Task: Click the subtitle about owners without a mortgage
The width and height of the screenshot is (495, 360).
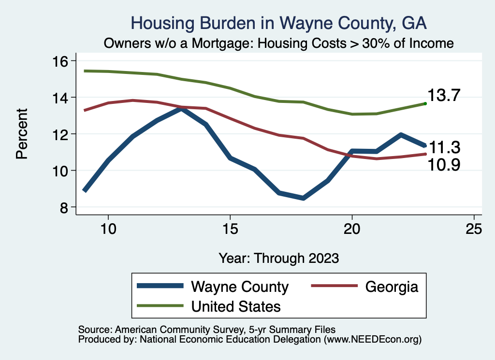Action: coord(279,43)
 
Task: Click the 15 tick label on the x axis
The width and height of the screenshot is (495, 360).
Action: coord(230,228)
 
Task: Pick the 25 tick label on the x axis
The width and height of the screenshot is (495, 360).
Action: coord(474,228)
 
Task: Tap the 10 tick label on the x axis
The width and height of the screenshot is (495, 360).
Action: coord(108,228)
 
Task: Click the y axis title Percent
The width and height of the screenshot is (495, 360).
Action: coord(22,134)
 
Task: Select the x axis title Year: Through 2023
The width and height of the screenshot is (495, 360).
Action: coord(279,258)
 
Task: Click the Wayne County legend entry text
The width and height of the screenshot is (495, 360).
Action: coord(240,287)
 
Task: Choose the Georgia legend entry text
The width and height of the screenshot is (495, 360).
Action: coord(391,287)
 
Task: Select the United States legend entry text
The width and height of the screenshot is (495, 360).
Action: coord(236,306)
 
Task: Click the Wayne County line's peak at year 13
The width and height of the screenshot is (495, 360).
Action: coord(181,109)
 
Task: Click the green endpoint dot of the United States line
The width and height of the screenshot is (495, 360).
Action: coord(425,103)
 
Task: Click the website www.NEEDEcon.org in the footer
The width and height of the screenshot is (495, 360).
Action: coord(372,340)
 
